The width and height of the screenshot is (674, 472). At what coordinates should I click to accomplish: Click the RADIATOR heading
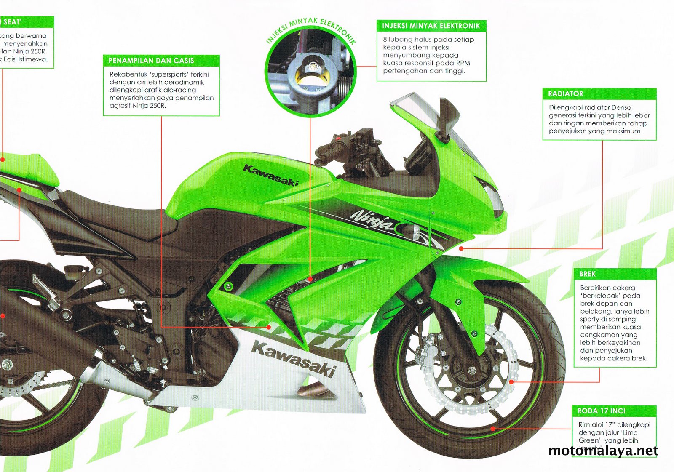point(565,94)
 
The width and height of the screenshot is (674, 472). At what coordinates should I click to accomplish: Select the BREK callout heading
point(587,274)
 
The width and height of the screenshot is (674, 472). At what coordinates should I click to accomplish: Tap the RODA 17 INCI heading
point(601,411)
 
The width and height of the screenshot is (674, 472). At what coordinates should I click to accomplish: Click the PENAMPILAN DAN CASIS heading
point(151,61)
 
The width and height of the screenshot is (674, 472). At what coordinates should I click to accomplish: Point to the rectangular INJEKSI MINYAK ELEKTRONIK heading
point(431,26)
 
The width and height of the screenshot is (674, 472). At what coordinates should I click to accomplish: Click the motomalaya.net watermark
point(603,451)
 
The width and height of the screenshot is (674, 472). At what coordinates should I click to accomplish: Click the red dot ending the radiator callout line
point(461,249)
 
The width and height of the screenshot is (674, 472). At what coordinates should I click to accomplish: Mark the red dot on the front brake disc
point(511,382)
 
